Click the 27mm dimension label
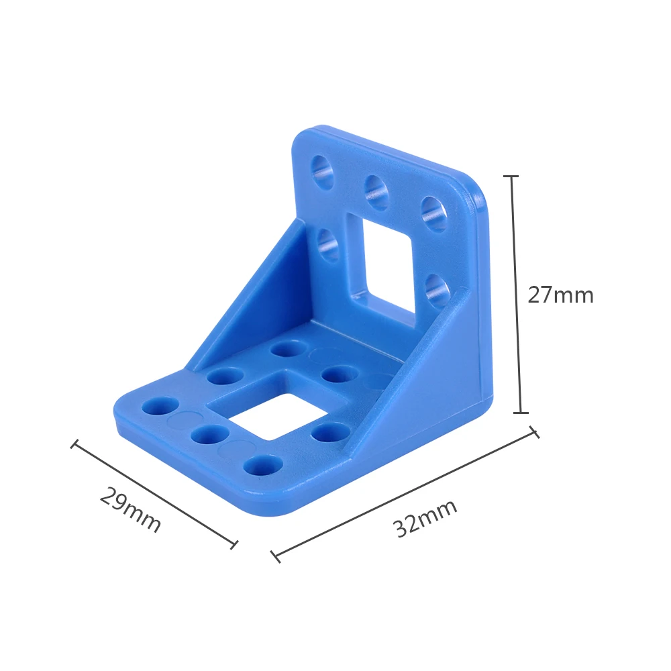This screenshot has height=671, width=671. pos(560,295)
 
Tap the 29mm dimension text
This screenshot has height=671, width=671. pos(131,509)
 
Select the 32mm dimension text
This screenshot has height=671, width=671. pos(425,518)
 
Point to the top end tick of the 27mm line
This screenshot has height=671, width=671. pos(511,176)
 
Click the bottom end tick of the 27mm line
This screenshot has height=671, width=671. pos(521,413)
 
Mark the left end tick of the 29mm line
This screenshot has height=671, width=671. pos(74,444)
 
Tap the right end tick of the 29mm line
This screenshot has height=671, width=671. pos(234,544)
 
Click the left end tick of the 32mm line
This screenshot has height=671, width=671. pos(276,556)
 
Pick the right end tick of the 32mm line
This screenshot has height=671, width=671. pos(535,431)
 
